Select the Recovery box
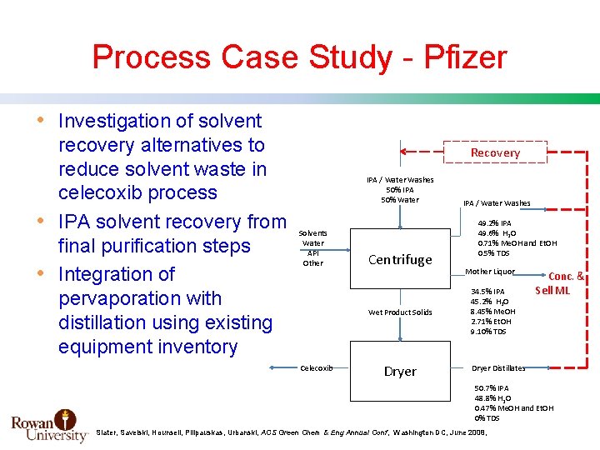495,152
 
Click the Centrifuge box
400,259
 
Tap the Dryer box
400,371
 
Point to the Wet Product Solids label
400,312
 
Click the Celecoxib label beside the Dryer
317,367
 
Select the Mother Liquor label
490,272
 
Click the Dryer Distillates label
498,367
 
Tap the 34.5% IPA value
487,292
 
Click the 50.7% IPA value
492,388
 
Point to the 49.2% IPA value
494,223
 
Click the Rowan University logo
49,425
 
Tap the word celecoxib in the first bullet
137,192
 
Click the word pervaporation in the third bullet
140,298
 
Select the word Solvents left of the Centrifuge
312,233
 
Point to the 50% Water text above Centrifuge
400,200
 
